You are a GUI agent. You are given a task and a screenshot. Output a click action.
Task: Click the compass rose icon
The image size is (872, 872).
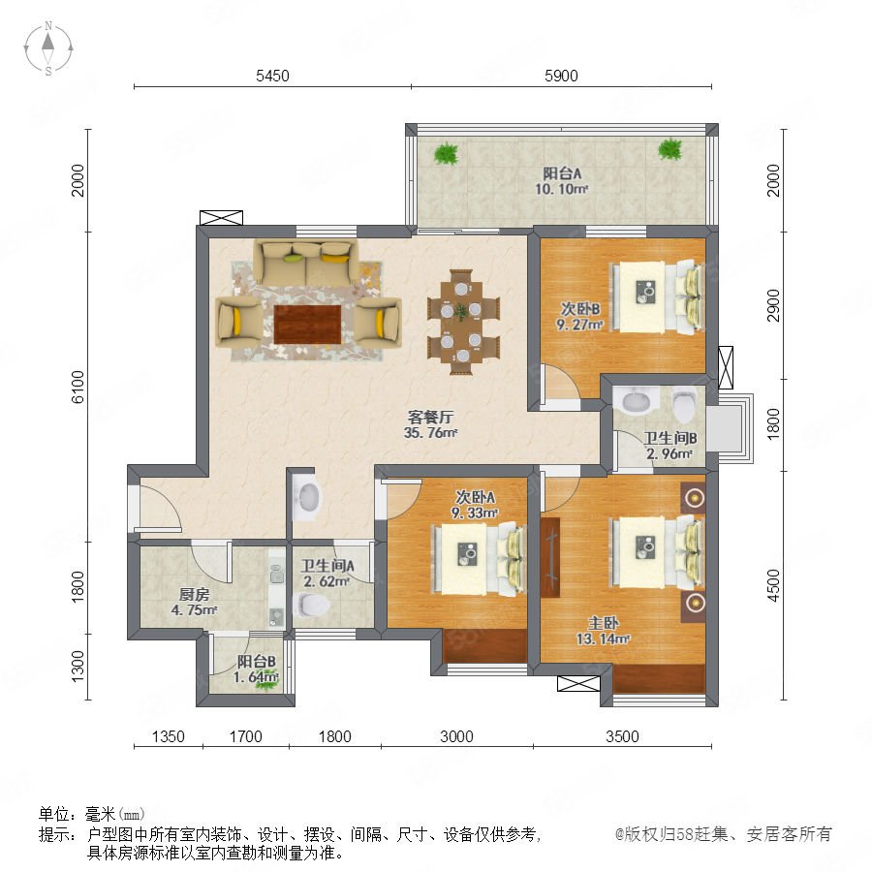(x=48, y=48)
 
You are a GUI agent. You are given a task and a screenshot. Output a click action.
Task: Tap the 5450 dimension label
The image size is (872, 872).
(x=272, y=76)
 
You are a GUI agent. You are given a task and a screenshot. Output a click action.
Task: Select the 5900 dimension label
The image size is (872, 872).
(x=561, y=76)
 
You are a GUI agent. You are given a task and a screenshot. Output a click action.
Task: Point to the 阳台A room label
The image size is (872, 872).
(x=562, y=173)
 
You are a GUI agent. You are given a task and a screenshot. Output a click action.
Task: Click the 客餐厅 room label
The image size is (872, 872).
(x=431, y=417)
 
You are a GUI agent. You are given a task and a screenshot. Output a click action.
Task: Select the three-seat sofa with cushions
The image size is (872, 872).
(x=306, y=262)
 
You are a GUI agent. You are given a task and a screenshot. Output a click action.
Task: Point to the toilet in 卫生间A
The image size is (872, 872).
(x=311, y=605)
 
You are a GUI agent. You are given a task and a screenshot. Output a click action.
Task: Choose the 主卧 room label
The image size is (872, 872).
(x=604, y=623)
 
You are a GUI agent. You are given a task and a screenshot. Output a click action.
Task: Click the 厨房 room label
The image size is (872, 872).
(x=194, y=595)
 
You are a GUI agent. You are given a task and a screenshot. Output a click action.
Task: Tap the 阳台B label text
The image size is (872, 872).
(x=257, y=662)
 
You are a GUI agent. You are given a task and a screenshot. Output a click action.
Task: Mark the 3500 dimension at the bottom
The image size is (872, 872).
(x=622, y=736)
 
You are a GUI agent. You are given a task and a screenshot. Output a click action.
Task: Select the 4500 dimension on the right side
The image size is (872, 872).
(x=773, y=585)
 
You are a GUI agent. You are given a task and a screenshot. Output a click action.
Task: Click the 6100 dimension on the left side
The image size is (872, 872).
(x=78, y=387)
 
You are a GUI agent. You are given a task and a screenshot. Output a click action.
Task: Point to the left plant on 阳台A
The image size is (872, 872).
(x=446, y=153)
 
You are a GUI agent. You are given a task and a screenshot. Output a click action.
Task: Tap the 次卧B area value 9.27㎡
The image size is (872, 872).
(x=579, y=324)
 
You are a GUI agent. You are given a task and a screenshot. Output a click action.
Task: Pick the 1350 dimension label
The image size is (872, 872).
(x=168, y=736)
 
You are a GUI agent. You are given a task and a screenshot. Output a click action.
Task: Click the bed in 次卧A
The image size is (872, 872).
(x=480, y=560)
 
